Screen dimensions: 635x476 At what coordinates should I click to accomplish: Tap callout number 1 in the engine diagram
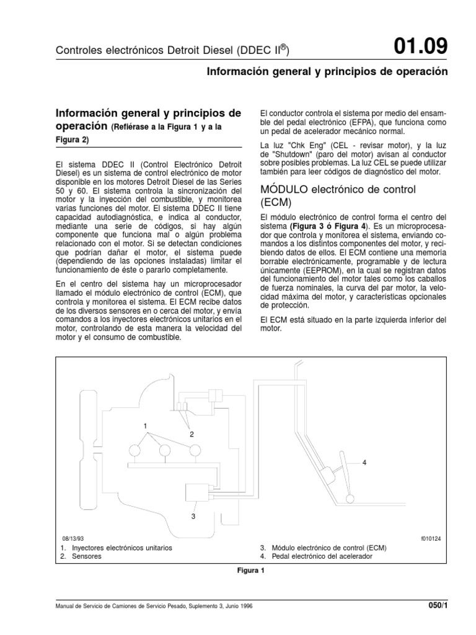click(145, 426)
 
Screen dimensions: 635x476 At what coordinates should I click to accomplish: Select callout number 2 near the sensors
click(192, 433)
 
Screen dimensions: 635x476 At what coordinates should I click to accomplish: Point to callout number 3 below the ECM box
click(193, 515)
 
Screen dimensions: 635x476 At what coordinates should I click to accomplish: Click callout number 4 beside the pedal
click(364, 463)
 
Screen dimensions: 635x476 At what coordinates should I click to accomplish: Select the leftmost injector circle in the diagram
click(136, 451)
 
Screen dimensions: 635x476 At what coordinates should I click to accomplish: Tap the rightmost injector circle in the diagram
click(194, 451)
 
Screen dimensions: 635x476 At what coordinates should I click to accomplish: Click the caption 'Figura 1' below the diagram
click(250, 572)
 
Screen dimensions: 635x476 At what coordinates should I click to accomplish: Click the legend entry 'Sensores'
click(86, 556)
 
